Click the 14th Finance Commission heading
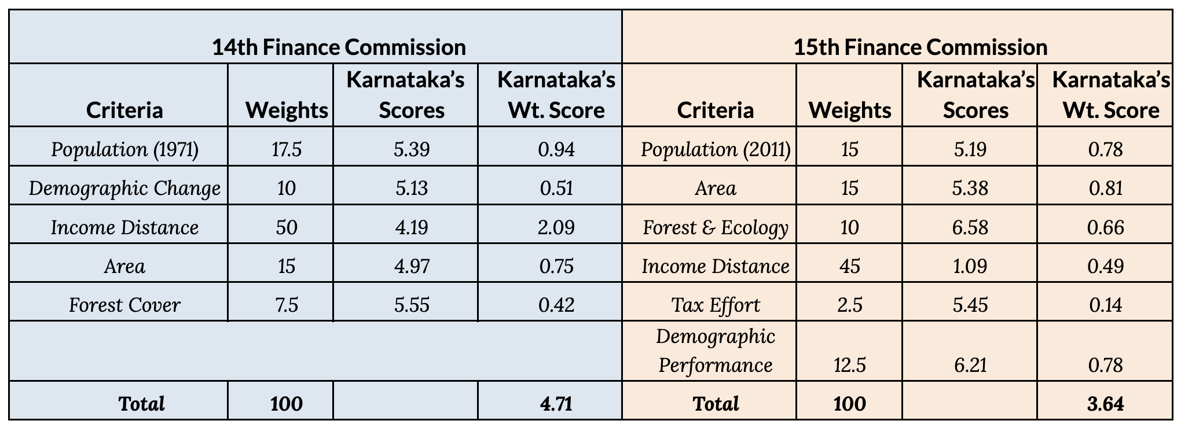point(339,47)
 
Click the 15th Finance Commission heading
point(920,47)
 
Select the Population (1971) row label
point(124,149)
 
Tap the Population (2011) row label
point(716,149)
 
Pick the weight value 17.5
point(286,149)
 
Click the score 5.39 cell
point(412,149)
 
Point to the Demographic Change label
point(124,188)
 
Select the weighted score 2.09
point(556,227)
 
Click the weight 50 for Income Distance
point(286,227)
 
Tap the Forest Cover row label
point(124,304)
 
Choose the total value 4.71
point(556,403)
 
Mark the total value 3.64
point(1105,403)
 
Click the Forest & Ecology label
point(716,227)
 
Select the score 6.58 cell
point(970,227)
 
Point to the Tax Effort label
point(716,304)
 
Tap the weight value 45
point(849,265)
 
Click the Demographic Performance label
point(716,350)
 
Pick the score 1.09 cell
point(970,265)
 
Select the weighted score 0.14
point(1105,304)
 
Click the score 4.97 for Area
point(412,265)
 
